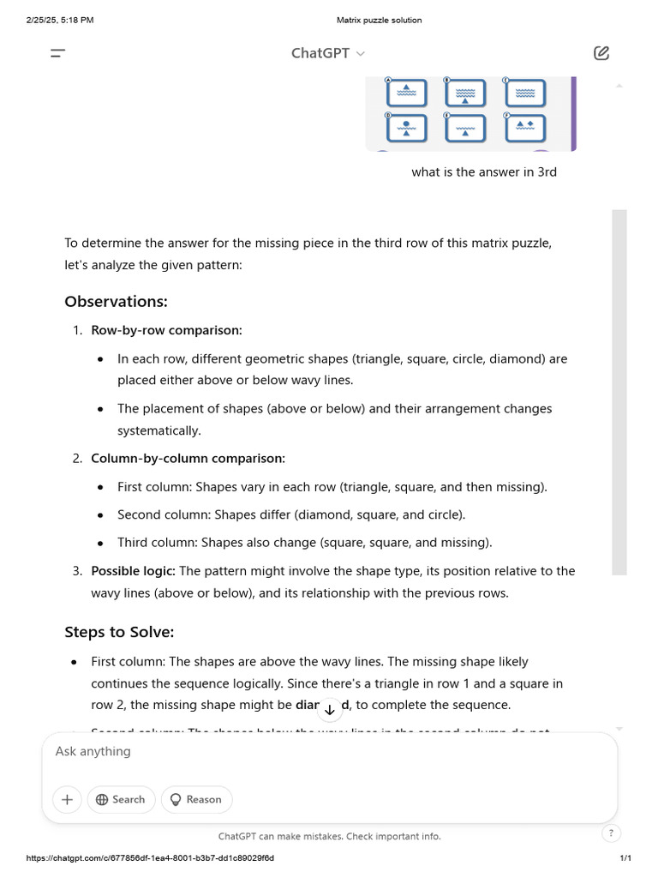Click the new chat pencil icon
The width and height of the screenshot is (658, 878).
click(x=601, y=53)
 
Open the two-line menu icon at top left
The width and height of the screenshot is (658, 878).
click(x=57, y=53)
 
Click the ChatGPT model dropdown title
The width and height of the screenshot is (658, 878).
click(x=327, y=53)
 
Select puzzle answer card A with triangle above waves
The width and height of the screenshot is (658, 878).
click(x=406, y=93)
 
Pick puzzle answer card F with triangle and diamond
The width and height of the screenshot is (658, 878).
click(x=524, y=128)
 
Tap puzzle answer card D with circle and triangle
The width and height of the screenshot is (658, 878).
click(x=406, y=128)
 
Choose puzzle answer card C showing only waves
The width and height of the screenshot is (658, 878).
click(x=524, y=93)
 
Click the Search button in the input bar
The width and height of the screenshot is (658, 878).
click(x=121, y=799)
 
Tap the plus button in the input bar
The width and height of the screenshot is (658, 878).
click(x=67, y=799)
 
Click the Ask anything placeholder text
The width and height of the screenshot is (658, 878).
click(x=93, y=751)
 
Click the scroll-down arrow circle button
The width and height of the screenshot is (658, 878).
click(x=330, y=710)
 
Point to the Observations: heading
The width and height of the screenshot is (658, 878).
click(x=116, y=302)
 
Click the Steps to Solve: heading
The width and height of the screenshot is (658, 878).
click(x=119, y=633)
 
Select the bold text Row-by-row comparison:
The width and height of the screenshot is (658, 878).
click(x=166, y=330)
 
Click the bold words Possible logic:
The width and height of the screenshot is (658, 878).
click(x=133, y=571)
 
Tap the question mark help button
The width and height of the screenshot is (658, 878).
click(x=611, y=833)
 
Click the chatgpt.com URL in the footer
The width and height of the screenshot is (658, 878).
click(x=150, y=858)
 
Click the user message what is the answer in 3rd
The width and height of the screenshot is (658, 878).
click(x=484, y=172)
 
